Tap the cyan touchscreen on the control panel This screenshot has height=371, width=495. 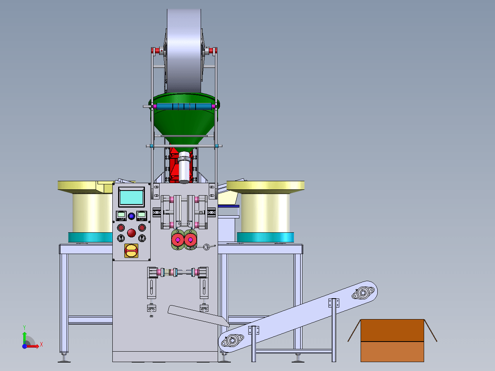point(131,197)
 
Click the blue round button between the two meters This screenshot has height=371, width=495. point(131,216)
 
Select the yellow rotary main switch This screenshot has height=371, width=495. point(131,251)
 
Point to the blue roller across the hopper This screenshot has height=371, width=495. point(184,106)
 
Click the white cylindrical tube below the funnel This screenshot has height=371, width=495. point(184,167)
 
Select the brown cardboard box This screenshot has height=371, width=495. point(392,340)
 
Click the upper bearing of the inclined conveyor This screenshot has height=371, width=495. point(363,293)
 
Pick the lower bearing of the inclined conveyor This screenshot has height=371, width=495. point(232,340)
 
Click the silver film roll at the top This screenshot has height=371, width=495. point(184,51)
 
